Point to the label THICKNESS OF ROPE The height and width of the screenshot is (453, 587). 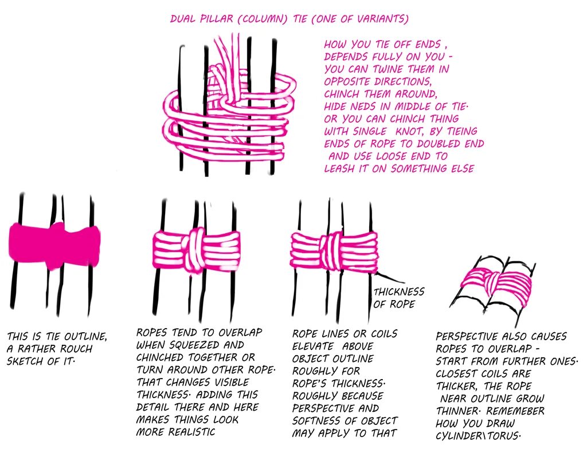399,298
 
